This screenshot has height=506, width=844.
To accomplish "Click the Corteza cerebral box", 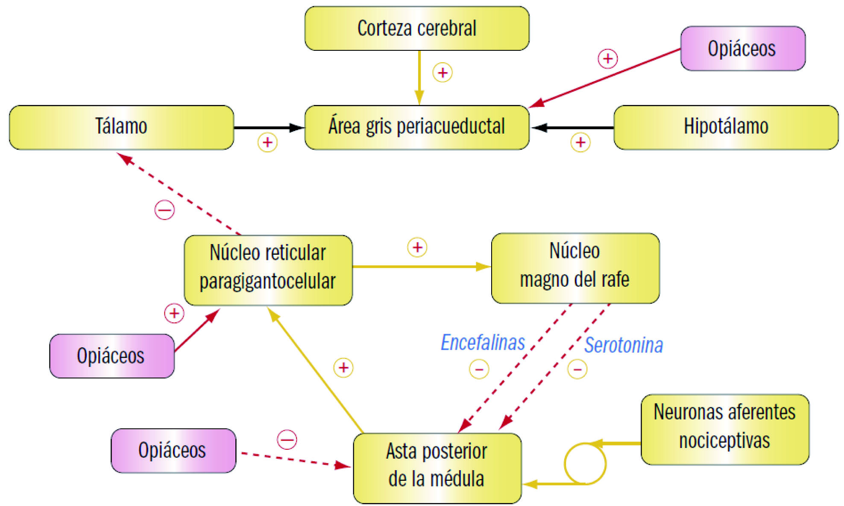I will tap(417, 29).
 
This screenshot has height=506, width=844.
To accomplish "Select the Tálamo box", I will tap(121, 127).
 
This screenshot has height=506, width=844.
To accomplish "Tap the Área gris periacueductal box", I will tap(417, 127).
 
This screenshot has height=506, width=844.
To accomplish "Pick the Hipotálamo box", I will tap(726, 127).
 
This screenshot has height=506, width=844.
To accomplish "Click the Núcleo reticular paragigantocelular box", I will tap(268, 270).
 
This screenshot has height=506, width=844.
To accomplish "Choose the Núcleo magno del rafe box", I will tap(575, 268).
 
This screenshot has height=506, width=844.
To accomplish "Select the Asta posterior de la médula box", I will tap(437, 468).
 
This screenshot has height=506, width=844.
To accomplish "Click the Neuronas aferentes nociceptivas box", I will tap(725, 429).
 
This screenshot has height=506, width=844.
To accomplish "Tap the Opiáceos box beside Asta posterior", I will tap(173, 451).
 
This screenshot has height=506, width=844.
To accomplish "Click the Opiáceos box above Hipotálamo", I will tap(742, 48).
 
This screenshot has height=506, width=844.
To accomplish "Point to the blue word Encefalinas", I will tap(483, 343).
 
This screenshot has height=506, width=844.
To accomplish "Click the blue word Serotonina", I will tap(624, 345).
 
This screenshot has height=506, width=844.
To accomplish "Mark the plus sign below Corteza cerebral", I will tap(443, 73).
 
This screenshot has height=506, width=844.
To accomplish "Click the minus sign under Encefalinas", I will tap(479, 369).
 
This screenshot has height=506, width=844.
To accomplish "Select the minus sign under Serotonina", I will tap(577, 369).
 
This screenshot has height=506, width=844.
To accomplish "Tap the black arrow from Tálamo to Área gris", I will tap(269, 128).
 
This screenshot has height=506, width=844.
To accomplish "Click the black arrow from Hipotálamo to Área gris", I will tap(572, 128).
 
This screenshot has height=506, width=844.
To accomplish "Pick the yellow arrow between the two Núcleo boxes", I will tap(421, 267).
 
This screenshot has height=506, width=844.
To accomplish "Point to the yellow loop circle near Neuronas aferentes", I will tap(585, 464).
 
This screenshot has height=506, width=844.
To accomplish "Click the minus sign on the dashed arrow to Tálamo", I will tap(164, 210).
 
